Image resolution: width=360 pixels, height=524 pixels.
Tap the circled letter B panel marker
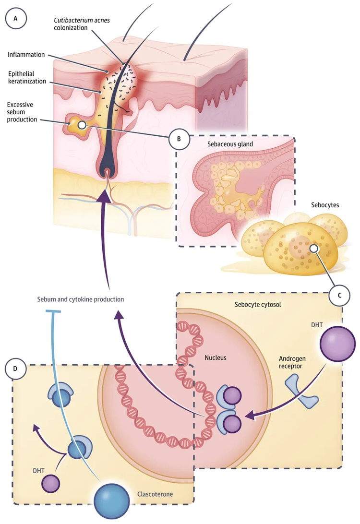(179, 139)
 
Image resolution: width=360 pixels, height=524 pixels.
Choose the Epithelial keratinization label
(27, 77)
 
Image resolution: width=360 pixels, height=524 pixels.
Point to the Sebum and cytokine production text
(81, 299)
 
